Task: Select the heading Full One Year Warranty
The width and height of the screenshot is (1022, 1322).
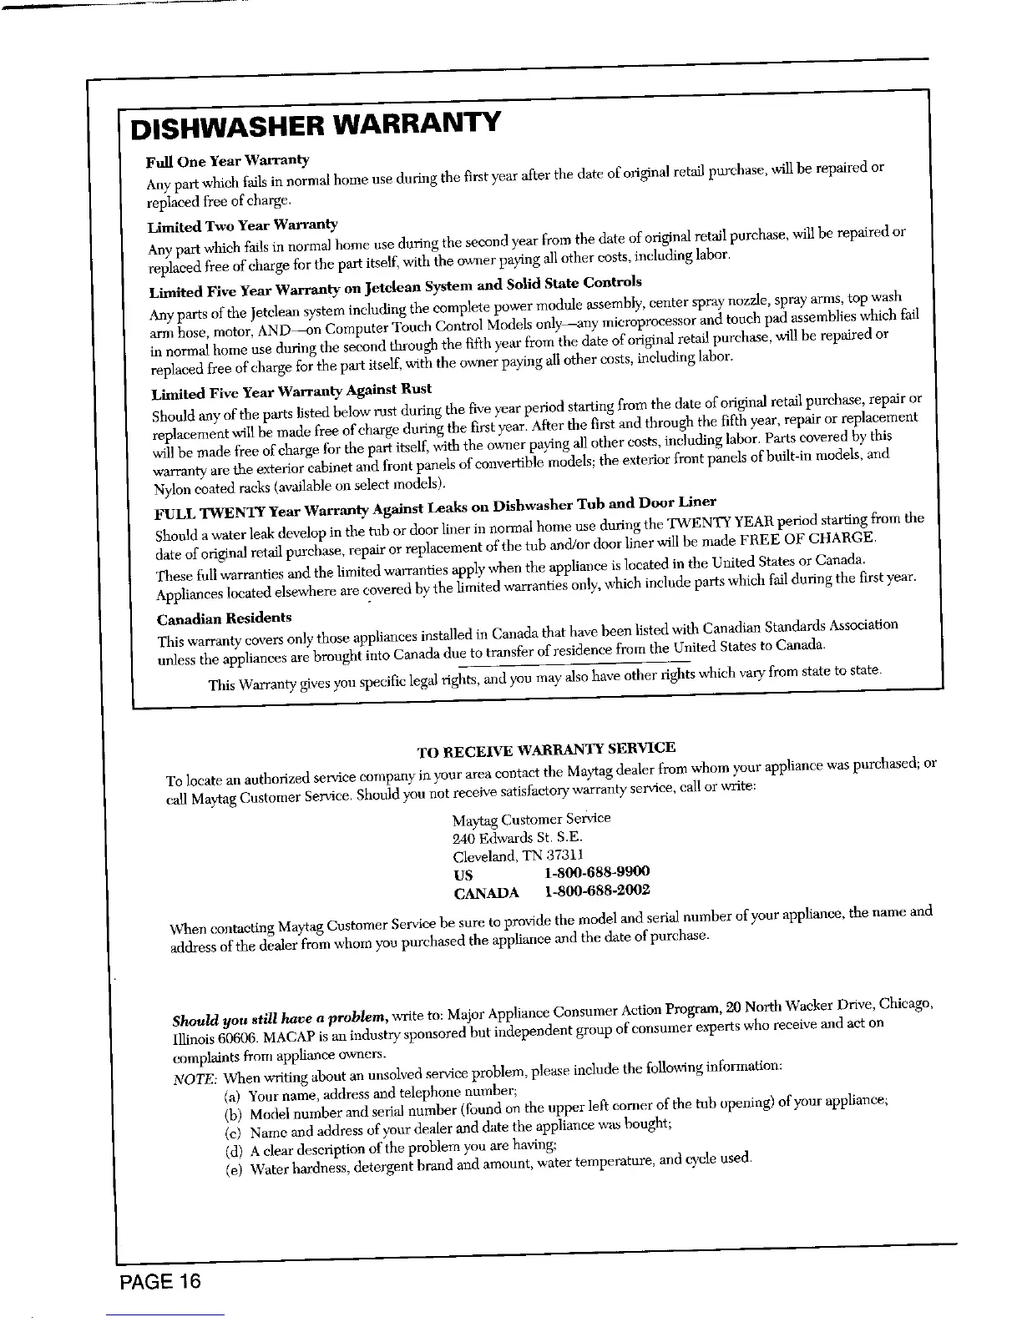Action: pos(228,160)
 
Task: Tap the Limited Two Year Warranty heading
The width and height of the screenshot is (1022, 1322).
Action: pos(242,225)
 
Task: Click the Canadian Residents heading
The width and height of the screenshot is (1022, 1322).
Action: pos(225,618)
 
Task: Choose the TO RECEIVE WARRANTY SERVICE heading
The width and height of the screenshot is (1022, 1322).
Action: pos(545,748)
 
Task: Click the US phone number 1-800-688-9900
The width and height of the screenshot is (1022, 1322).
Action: pos(596,872)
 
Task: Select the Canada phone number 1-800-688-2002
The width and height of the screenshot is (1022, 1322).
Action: pos(596,891)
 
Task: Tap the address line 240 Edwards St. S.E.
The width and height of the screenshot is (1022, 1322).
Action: pos(518,837)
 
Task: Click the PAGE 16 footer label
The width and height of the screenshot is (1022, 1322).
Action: pos(159,1279)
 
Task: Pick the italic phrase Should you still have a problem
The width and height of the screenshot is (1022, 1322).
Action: pos(278,1019)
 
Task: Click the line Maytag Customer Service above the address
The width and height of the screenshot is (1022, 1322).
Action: pos(531,819)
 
